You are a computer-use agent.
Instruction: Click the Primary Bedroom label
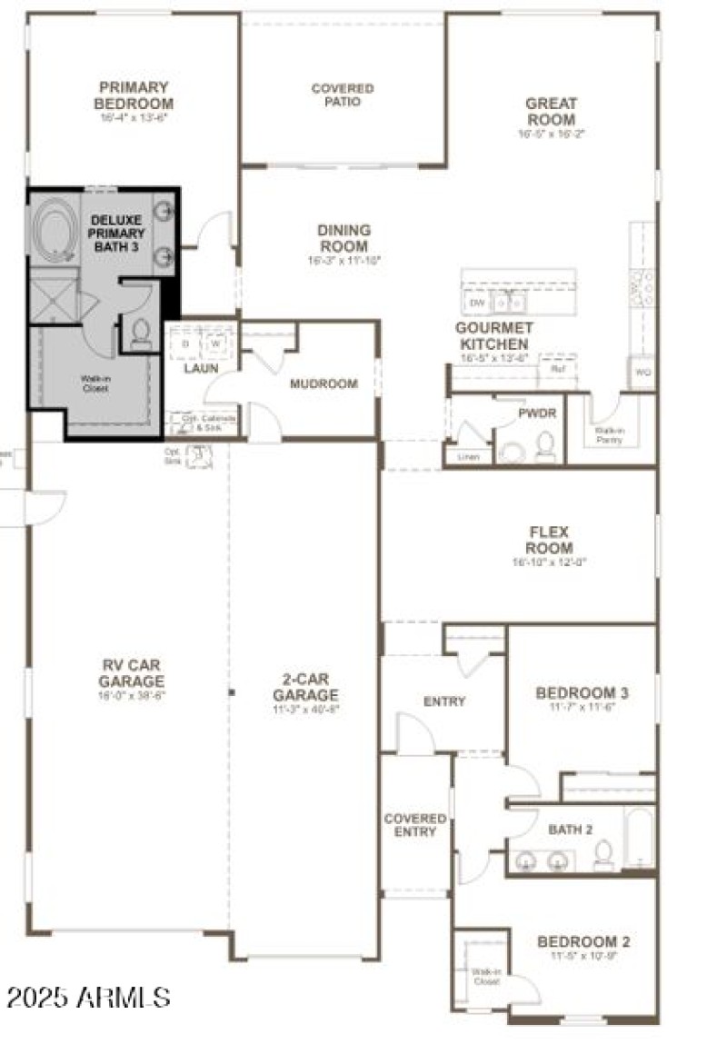point(134,95)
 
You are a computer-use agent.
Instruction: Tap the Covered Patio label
point(343,95)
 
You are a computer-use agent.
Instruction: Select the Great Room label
point(551,112)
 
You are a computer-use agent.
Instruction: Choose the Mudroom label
point(324,383)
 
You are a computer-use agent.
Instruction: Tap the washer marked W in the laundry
point(216,343)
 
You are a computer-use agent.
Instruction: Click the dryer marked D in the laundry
point(185,343)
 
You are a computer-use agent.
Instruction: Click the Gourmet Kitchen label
point(493,335)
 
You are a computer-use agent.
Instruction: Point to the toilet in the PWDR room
point(545,445)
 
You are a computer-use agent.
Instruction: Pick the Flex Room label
point(551,541)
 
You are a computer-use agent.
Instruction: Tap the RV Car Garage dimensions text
point(132,695)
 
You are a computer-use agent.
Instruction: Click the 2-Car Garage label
point(305,687)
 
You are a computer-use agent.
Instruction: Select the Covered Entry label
point(415,825)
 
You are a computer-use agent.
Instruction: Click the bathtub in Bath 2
point(639,838)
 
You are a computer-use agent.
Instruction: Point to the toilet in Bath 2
point(603,854)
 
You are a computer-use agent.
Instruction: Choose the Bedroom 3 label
point(583,693)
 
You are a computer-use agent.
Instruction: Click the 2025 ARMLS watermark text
point(88,998)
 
